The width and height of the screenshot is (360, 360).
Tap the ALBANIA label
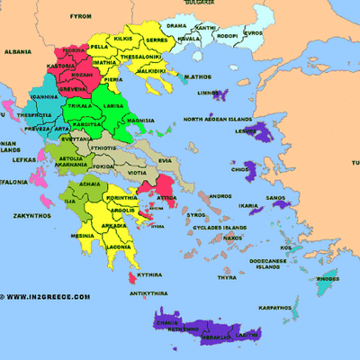(15, 52)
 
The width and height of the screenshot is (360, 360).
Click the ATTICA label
(166, 193)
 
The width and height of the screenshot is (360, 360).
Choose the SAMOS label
(275, 198)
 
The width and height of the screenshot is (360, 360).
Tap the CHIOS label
(239, 168)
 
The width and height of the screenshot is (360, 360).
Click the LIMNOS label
(208, 93)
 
